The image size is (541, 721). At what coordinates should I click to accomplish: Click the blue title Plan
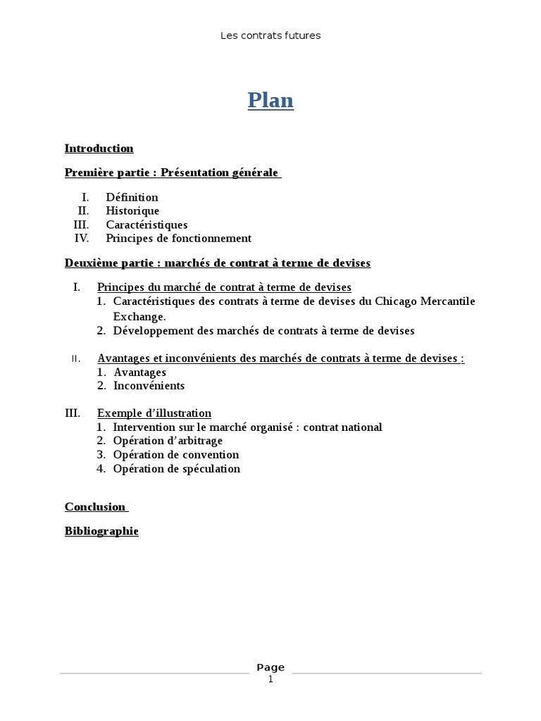pyautogui.click(x=270, y=101)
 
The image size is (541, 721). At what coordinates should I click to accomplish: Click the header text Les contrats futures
pyautogui.click(x=270, y=35)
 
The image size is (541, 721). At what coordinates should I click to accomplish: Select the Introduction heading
pyautogui.click(x=99, y=149)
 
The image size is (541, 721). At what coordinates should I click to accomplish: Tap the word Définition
pyautogui.click(x=132, y=197)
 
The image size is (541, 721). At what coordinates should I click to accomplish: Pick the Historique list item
pyautogui.click(x=132, y=211)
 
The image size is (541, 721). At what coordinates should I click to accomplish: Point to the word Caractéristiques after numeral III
pyautogui.click(x=147, y=225)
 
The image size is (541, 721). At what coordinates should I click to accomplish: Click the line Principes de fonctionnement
pyautogui.click(x=178, y=238)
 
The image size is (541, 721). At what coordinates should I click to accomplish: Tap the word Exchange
pyautogui.click(x=138, y=317)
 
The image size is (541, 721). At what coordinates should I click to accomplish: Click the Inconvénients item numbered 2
pyautogui.click(x=149, y=386)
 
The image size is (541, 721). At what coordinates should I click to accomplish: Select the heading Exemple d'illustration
pyautogui.click(x=154, y=413)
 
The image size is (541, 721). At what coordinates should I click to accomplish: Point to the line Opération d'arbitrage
pyautogui.click(x=168, y=441)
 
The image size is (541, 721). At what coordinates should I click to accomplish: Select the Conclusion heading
pyautogui.click(x=95, y=507)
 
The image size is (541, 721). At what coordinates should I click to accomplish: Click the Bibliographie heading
pyautogui.click(x=101, y=532)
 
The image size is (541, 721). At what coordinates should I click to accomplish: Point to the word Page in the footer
pyautogui.click(x=270, y=667)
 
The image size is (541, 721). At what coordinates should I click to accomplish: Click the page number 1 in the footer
pyautogui.click(x=270, y=680)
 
